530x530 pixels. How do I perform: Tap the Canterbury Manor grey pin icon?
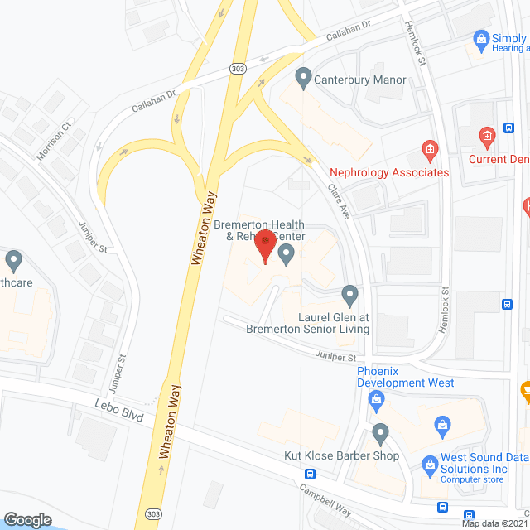pyautogui.click(x=303, y=79)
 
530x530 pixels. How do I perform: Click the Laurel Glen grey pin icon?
pyautogui.click(x=349, y=294)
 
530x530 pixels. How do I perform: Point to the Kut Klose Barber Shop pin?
pyautogui.click(x=380, y=433)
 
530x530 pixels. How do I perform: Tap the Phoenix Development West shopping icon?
pyautogui.click(x=377, y=402)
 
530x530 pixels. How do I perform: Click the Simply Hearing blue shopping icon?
pyautogui.click(x=479, y=38)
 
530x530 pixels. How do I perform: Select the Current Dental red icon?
pyautogui.click(x=487, y=134)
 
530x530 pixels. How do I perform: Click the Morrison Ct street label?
pyautogui.click(x=55, y=140)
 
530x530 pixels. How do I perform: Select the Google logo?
pyautogui.click(x=28, y=519)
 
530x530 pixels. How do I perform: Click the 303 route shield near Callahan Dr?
pyautogui.click(x=238, y=68)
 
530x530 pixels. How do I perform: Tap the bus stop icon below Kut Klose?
pyautogui.click(x=310, y=475)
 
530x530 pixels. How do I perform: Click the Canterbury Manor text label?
pyautogui.click(x=360, y=80)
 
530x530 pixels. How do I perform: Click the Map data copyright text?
pyautogui.click(x=494, y=523)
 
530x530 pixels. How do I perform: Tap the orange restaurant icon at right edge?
pyautogui.click(x=525, y=389)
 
